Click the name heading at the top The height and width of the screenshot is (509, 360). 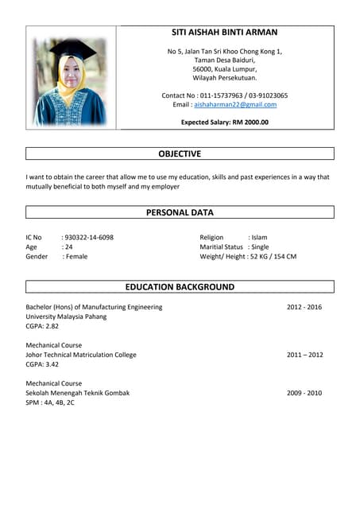pos(225,33)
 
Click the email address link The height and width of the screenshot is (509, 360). pos(235,104)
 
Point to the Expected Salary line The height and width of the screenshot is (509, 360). pos(225,122)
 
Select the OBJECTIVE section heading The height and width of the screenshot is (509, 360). pos(180,153)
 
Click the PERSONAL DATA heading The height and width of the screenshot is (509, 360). pos(180,212)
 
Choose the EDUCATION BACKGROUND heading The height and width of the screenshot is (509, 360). pos(180,286)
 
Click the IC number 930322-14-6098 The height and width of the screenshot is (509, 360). pos(89,237)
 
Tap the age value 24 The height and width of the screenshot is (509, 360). pos(69,247)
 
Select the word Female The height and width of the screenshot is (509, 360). pos(76,256)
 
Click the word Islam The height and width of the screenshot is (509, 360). pos(259,237)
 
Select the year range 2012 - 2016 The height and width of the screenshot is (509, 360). pos(304,306)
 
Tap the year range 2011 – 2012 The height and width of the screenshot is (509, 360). pos(305,355)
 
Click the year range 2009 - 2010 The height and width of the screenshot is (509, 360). pos(304,393)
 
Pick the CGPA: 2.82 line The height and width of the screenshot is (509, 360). pos(42,326)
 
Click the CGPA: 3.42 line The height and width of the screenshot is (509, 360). pos(42,364)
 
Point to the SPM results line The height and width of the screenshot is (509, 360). pos(50,402)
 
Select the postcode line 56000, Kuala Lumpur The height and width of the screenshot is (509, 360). pos(225,69)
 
